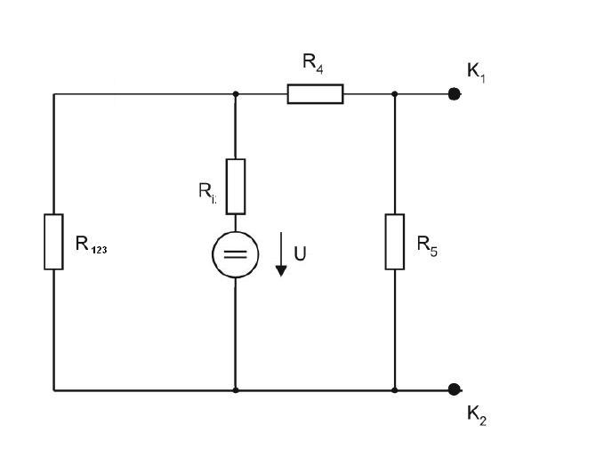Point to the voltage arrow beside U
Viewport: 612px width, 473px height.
(281, 254)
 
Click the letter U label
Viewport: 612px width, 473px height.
(300, 253)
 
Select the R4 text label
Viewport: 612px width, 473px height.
(313, 63)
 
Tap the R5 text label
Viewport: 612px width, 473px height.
(427, 246)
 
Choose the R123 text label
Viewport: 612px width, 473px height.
(92, 245)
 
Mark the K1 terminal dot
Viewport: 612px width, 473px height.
(454, 94)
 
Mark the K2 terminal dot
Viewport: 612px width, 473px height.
(454, 389)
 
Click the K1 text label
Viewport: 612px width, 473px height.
(476, 73)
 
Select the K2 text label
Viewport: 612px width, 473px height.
(477, 415)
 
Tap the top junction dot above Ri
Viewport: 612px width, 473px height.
(236, 94)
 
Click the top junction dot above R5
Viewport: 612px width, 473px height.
(395, 94)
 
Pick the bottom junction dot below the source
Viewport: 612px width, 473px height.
(236, 390)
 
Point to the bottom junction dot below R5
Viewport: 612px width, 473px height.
(395, 390)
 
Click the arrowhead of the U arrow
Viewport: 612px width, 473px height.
(281, 271)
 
